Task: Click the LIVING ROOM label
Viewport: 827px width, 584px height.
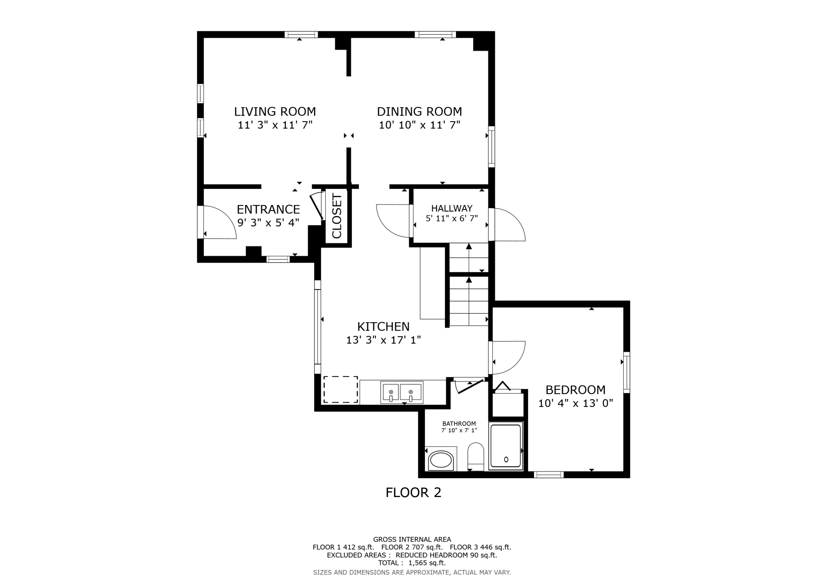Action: coord(275,111)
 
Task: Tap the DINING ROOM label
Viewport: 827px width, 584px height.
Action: coord(419,111)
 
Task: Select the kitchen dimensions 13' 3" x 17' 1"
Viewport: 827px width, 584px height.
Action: coord(383,340)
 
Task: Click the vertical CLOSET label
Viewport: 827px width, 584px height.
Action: coord(337,216)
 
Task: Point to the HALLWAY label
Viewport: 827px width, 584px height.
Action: coord(452,208)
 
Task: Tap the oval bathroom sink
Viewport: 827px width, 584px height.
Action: coord(441,461)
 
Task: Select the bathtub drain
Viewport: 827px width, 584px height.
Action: coord(506,459)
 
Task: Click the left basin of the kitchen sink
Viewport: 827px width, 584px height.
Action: coord(391,392)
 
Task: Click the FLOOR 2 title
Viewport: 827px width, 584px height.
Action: coord(413,493)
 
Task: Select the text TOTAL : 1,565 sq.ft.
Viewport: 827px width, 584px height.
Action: coord(412,563)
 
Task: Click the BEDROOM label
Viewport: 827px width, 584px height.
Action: coord(575,390)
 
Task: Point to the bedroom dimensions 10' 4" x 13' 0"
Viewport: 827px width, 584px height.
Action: coord(575,403)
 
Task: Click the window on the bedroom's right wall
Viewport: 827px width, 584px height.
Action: coord(627,372)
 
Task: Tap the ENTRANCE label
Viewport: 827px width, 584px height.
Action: coord(268,209)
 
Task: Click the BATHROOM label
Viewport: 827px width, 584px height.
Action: coord(459,424)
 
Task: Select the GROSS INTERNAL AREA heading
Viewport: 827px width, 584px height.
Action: coord(412,540)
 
